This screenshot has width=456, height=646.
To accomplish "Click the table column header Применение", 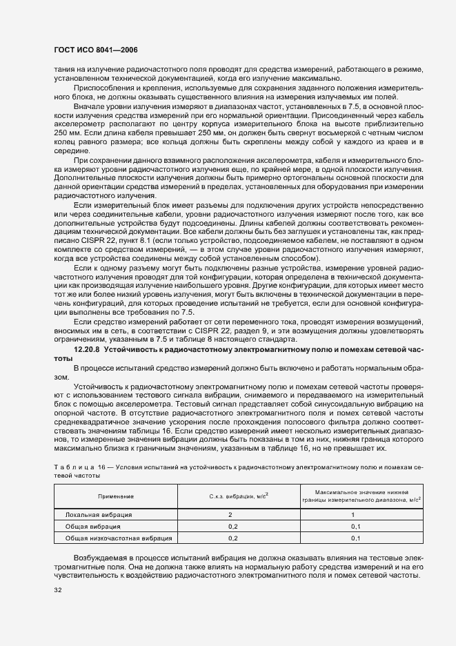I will point(115,496).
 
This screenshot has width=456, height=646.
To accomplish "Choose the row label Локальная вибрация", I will point(99,515).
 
